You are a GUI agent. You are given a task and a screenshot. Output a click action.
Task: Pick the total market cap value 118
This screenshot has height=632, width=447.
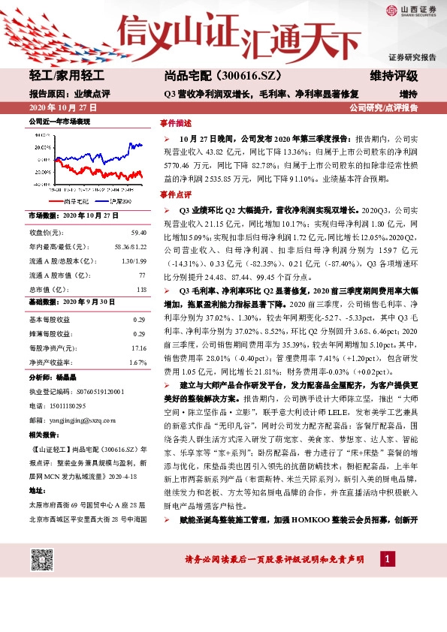point(140,289)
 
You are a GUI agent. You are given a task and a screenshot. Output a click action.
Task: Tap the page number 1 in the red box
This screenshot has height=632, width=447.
point(386,559)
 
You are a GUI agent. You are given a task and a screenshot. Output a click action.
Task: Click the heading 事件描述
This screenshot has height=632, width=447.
point(174,122)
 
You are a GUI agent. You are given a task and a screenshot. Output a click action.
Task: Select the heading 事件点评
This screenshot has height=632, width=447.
point(174,194)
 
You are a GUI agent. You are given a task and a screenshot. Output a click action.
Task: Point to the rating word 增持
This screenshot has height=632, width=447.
point(408,94)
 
